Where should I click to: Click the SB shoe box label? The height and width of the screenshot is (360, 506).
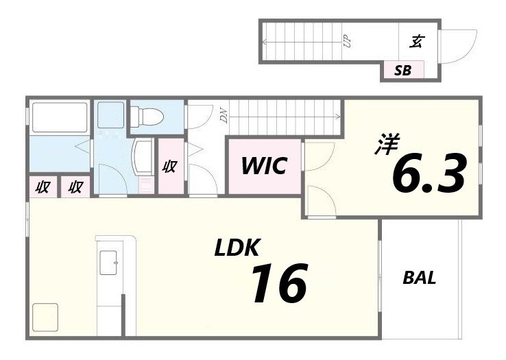pyautogui.click(x=402, y=71)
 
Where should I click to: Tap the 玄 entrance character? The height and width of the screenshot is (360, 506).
pyautogui.click(x=416, y=41)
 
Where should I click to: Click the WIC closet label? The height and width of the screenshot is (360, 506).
pyautogui.click(x=265, y=166)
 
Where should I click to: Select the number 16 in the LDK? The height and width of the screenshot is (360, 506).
pyautogui.click(x=278, y=284)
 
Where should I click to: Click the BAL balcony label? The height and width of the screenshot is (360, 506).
pyautogui.click(x=419, y=278)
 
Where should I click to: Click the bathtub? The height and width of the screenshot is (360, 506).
pyautogui.click(x=60, y=117)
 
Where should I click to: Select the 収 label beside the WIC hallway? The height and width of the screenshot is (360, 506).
pyautogui.click(x=171, y=166)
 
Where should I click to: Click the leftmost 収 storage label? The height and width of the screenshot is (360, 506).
pyautogui.click(x=43, y=187)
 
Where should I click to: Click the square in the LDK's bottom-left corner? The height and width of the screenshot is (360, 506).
pyautogui.click(x=45, y=317)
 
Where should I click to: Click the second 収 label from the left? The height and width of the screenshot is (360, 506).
pyautogui.click(x=75, y=187)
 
